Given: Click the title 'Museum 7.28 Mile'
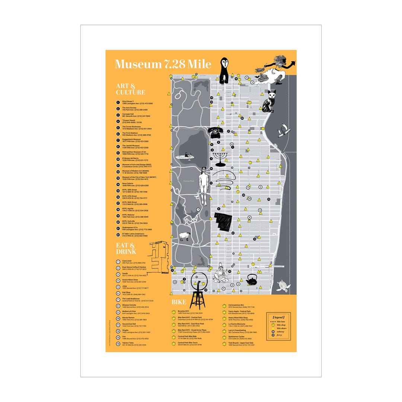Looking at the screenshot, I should [x=163, y=64].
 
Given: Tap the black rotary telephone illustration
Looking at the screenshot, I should [x=215, y=132].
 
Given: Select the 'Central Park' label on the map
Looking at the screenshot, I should [x=188, y=181].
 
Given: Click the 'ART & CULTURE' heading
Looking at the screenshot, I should [x=130, y=89].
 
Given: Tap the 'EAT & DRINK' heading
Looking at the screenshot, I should [x=126, y=248].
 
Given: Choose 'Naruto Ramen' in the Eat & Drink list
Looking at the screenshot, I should [x=130, y=318].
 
